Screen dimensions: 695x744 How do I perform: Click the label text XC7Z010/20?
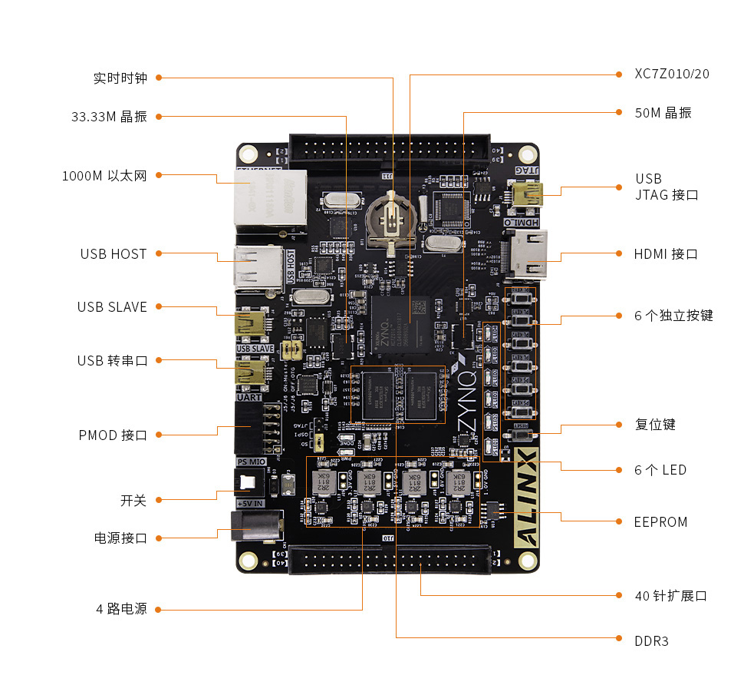pyautogui.click(x=672, y=74)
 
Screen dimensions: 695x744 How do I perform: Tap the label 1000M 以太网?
pyautogui.click(x=104, y=176)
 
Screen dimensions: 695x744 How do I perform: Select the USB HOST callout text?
pyautogui.click(x=113, y=254)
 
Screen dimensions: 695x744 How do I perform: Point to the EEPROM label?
pyautogui.click(x=660, y=522)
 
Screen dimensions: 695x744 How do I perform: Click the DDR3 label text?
pyautogui.click(x=651, y=640)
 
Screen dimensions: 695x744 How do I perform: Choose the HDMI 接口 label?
pyautogui.click(x=666, y=254)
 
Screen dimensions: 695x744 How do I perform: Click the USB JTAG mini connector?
pyautogui.click(x=528, y=194)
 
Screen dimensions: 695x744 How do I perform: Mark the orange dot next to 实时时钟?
pyautogui.click(x=159, y=78)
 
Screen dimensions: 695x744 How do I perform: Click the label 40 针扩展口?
pyautogui.click(x=670, y=596)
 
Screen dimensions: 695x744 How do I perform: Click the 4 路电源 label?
pyautogui.click(x=121, y=609)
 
